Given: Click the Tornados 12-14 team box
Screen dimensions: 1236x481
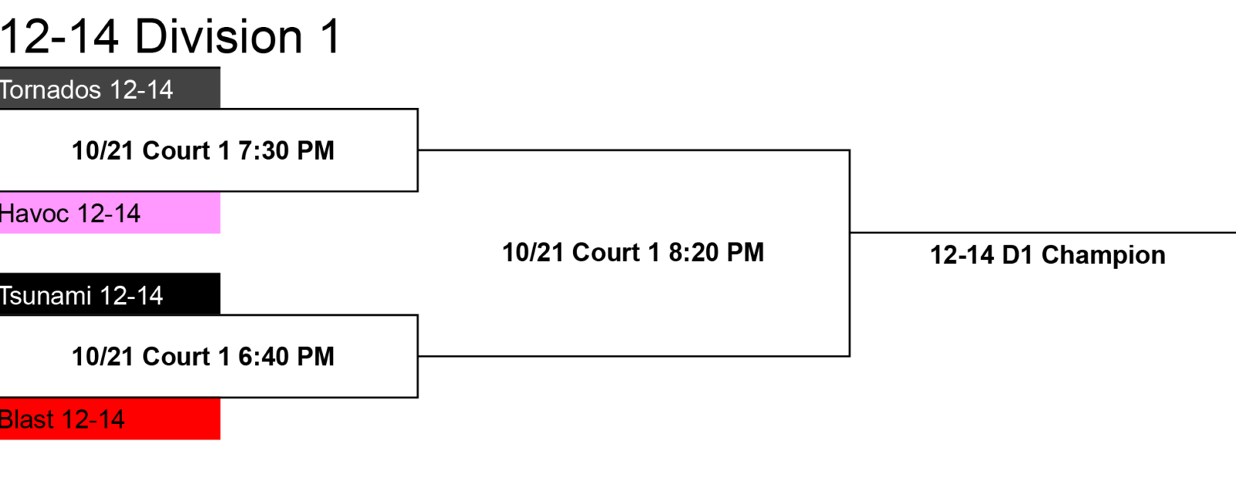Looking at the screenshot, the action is tap(110, 88).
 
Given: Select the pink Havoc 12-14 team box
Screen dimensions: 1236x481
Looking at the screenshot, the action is tap(110, 213).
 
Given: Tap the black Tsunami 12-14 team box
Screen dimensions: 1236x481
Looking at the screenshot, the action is tap(110, 294).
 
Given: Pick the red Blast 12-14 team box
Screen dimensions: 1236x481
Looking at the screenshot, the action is tap(110, 418).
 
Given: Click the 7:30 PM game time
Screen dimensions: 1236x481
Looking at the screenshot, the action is tap(287, 151).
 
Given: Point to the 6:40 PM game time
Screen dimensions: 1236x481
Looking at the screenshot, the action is tap(287, 357).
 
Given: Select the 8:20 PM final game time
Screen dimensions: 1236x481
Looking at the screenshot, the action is tap(716, 252).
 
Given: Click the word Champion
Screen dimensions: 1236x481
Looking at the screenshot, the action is tap(1104, 256).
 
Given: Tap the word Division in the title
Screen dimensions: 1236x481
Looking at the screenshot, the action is tap(219, 36).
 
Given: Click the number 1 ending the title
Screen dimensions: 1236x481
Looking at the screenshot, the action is tap(330, 36).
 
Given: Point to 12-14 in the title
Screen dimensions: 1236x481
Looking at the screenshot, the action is tap(59, 36).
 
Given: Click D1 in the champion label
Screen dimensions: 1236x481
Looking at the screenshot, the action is tap(1017, 256).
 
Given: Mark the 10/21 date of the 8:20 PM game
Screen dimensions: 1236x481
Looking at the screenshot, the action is tap(533, 252).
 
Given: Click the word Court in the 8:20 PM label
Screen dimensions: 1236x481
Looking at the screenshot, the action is tap(606, 252).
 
